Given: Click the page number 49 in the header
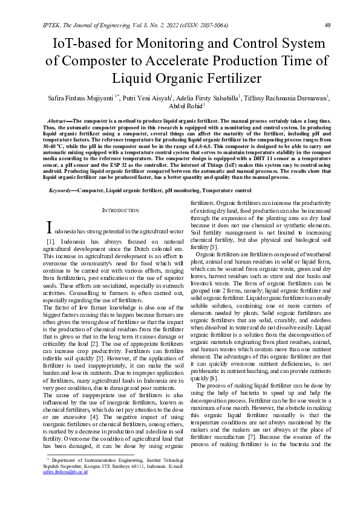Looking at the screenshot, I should (x=327, y=25).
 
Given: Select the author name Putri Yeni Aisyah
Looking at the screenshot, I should (x=148, y=97).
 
